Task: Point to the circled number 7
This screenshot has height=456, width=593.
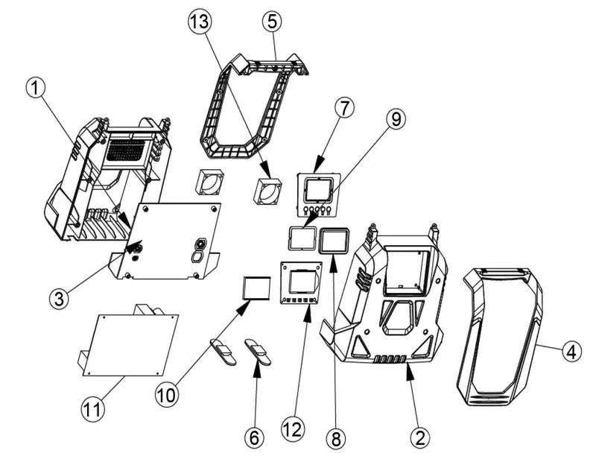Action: [343, 108]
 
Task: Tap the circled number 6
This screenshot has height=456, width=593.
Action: [255, 437]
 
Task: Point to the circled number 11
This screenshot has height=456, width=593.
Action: [91, 408]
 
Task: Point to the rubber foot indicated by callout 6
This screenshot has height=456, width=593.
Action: [259, 352]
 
